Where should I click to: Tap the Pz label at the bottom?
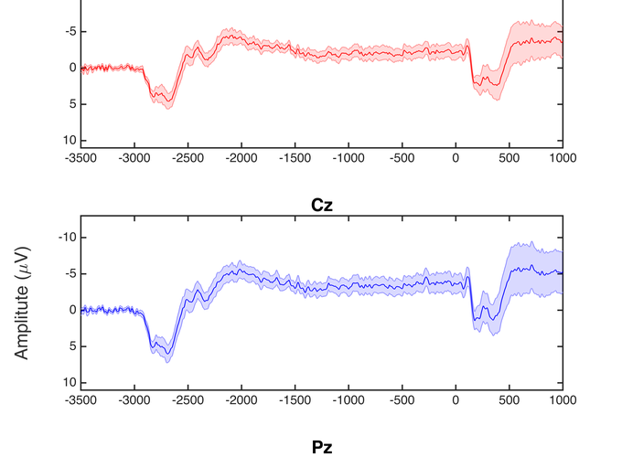[x=320, y=447]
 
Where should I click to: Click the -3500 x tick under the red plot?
[x=80, y=157]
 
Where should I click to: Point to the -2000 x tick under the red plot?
[x=241, y=157]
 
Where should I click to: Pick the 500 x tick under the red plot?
[x=509, y=157]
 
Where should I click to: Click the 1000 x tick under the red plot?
[x=563, y=157]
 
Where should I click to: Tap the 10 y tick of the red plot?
[x=67, y=140]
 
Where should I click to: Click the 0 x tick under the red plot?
[x=456, y=157]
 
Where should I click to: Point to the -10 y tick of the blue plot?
[x=63, y=237]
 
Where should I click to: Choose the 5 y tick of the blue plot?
[x=69, y=346]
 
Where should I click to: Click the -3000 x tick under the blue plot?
[x=134, y=399]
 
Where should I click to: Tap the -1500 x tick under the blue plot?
[x=295, y=399]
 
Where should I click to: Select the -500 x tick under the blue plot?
[x=402, y=399]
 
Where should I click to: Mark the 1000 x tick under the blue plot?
[x=563, y=399]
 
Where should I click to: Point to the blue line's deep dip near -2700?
[x=166, y=353]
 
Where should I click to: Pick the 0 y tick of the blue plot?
[x=69, y=310]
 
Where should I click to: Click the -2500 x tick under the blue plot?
[x=188, y=399]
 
